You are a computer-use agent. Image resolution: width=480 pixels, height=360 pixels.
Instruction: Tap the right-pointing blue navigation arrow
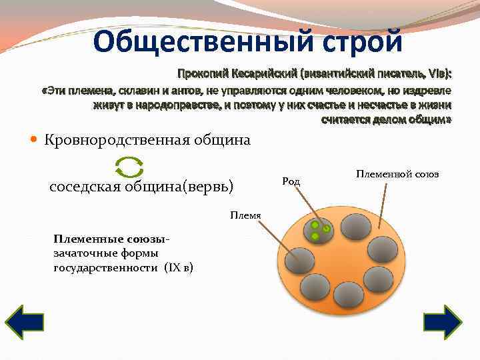[x=443, y=323]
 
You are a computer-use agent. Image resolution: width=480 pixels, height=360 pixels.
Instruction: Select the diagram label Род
[x=291, y=181]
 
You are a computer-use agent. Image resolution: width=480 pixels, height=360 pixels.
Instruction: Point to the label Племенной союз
[x=397, y=174]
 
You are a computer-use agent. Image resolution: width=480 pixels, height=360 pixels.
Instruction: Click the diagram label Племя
[x=245, y=214]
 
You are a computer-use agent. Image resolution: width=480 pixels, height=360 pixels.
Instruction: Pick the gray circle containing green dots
[x=319, y=230]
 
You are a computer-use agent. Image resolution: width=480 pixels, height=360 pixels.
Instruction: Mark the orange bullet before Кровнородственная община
[x=35, y=140]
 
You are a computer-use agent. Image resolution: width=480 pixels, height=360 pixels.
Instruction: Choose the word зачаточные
[x=85, y=253]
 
